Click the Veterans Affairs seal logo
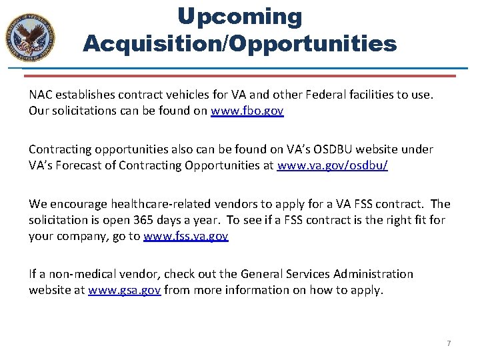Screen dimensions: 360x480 pos(30,35)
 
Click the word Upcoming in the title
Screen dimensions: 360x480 pos(239,17)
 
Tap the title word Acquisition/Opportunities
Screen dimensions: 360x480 pos(239,44)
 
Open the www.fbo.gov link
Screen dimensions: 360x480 pos(247,111)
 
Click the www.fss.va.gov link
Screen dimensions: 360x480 pos(186,235)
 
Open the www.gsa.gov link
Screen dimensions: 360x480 pos(124,290)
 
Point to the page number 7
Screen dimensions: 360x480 pos(449,343)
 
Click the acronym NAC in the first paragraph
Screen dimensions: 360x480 pos(42,95)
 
